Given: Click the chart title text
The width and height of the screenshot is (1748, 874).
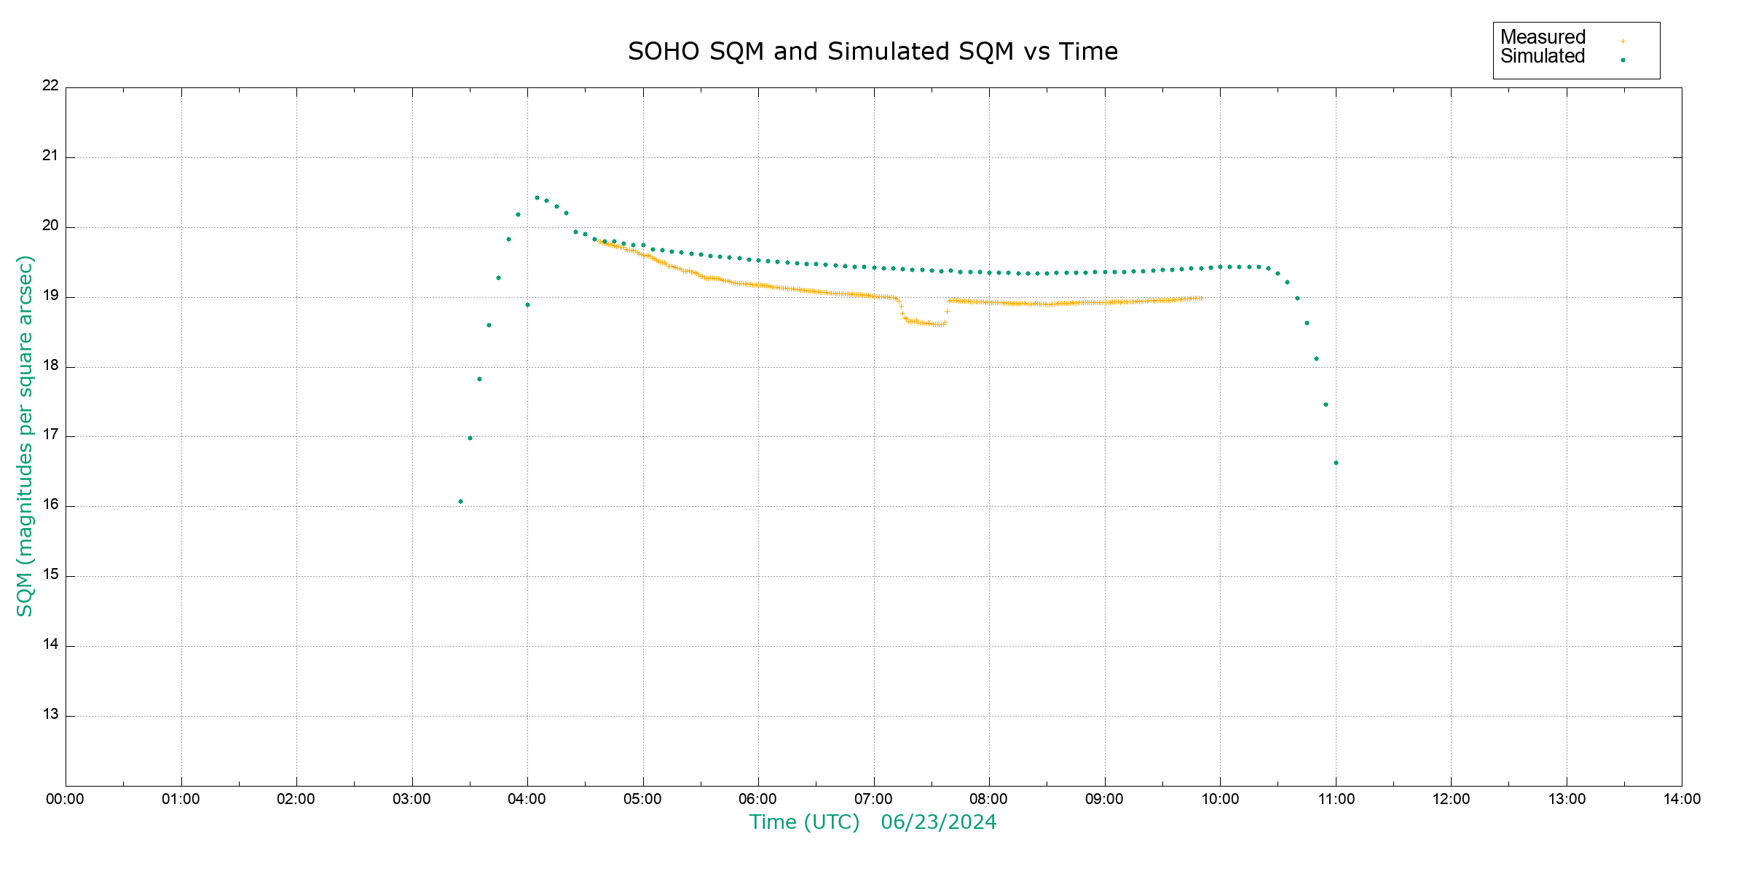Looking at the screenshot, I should click(873, 52).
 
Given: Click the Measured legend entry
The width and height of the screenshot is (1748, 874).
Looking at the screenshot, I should click(1543, 37).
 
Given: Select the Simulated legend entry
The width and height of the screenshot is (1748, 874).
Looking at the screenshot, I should click(1543, 57).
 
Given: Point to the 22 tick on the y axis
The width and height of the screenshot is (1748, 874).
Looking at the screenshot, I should click(50, 85).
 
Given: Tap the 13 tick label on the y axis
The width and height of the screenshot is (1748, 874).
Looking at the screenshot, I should click(50, 714).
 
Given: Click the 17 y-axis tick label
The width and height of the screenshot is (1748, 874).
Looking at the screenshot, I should click(50, 435).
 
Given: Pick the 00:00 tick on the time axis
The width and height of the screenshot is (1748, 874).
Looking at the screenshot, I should click(65, 799).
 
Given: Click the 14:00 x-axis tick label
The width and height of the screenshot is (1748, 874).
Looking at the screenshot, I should click(1682, 799).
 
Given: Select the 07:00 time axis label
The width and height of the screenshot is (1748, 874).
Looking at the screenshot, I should click(873, 799).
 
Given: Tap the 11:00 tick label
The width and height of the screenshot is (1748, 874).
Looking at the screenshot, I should click(1336, 799).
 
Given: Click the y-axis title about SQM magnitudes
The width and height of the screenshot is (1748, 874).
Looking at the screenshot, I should click(25, 436).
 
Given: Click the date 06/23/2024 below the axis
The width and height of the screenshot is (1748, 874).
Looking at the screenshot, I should click(938, 822).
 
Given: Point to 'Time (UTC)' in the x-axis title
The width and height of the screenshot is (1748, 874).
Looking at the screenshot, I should click(804, 822).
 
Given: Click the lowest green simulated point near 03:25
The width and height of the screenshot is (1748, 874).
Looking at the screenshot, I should click(460, 501).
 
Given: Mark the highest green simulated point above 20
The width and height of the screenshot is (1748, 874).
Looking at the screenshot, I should click(537, 197).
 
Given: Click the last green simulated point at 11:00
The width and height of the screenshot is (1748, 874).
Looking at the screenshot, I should click(1336, 462).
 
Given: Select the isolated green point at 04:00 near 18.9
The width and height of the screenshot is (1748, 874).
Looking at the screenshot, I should click(527, 304).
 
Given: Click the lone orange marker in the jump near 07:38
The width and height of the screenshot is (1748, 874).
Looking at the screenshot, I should click(947, 312).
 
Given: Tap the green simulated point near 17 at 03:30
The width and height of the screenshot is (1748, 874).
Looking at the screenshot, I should click(470, 438).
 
